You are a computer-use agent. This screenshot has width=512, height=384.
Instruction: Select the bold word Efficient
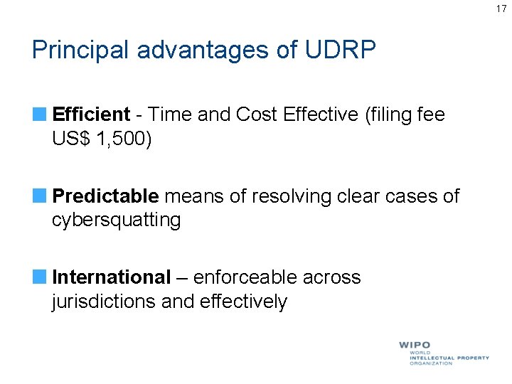coord(91,114)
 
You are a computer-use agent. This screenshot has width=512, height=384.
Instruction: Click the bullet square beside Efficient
coord(38,114)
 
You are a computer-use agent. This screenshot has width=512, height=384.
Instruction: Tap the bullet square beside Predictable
coord(38,196)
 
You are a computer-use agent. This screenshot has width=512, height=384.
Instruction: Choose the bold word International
coord(112,277)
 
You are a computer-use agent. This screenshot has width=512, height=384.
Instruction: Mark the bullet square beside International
coord(38,277)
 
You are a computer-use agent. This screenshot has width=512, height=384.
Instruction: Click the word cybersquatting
coord(117,220)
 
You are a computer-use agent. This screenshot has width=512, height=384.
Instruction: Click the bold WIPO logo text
coord(415,345)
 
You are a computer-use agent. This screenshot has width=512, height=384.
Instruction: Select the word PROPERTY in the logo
coord(470,358)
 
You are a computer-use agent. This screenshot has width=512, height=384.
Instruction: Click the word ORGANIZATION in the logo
coord(430,363)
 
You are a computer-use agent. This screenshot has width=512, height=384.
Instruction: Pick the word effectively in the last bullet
coord(243,302)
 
